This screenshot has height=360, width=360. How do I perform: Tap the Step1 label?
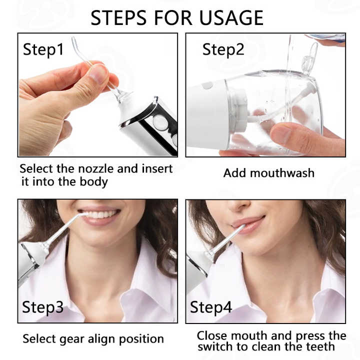coord(43,49)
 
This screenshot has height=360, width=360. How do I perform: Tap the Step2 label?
coord(223,49)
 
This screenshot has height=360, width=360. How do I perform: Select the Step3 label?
coord(43,307)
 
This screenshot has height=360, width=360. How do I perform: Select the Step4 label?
coord(211,307)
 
